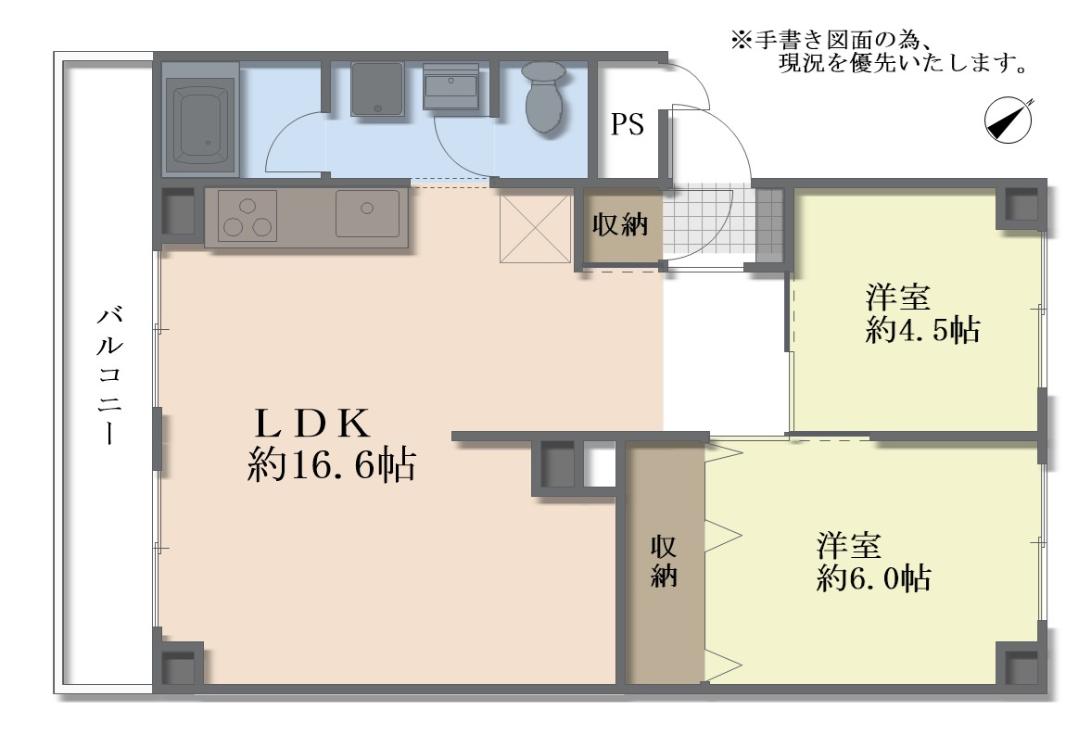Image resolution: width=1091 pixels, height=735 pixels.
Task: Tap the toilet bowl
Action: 543,96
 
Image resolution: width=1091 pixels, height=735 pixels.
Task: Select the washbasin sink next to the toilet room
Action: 450,86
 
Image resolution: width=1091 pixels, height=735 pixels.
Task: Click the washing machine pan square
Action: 377,89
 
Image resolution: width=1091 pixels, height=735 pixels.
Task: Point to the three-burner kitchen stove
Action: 247,217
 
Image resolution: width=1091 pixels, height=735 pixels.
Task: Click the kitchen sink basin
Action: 367,214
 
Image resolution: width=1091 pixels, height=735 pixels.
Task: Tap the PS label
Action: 627,124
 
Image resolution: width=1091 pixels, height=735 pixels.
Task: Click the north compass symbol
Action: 1009,120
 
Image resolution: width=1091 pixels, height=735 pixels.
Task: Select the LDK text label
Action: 312,423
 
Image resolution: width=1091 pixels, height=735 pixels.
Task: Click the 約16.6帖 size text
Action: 332,465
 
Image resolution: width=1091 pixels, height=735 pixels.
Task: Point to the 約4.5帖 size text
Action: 922,330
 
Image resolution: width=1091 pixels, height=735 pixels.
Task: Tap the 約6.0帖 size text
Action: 873,578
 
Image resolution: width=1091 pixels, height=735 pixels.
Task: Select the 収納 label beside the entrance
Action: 620,225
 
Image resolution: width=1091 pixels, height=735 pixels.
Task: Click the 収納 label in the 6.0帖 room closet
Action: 664,562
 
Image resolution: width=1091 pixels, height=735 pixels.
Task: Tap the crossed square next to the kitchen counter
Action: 535,229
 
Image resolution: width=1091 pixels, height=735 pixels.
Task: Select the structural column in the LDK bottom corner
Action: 179,666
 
